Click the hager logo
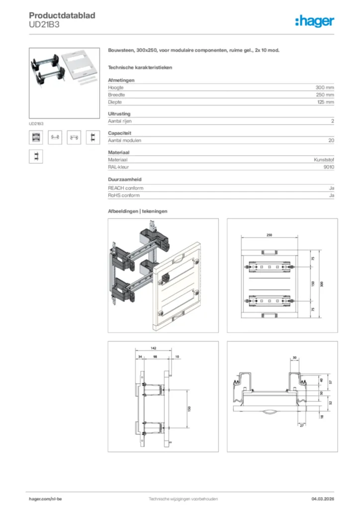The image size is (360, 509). [314, 20]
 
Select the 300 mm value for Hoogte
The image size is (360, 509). [325, 87]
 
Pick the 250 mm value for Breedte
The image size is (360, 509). [325, 94]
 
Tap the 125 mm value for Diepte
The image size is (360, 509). [325, 102]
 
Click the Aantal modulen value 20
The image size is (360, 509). [331, 140]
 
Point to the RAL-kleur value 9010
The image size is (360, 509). [329, 167]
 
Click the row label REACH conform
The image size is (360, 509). [126, 188]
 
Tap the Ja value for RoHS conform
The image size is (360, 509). [331, 195]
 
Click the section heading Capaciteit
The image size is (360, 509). [119, 133]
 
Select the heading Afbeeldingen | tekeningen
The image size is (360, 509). [138, 211]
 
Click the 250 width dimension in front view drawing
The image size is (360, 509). [269, 235]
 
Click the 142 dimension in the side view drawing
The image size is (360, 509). [153, 349]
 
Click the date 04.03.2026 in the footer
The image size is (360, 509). [319, 499]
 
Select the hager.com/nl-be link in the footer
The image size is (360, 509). [45, 499]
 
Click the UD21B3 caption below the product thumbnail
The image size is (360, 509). [36, 123]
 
